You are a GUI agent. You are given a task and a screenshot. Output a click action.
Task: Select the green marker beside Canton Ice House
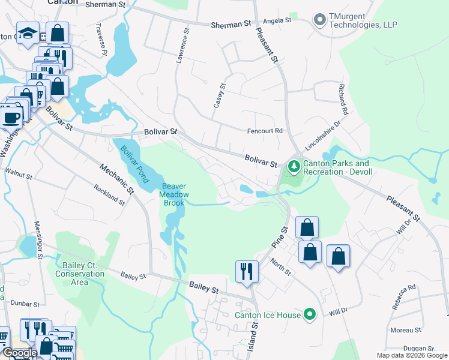pos(310,314)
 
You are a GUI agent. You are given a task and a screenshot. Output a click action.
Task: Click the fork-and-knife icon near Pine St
pos(247,271)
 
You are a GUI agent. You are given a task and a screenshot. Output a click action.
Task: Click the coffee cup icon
pos(11,116)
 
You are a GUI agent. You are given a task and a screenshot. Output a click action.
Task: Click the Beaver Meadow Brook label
pos(175,194)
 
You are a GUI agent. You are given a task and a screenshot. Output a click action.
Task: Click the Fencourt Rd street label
pos(265,131)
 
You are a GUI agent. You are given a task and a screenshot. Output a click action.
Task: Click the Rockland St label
pos(109,195)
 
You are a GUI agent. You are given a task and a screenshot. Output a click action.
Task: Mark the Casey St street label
pos(220,95)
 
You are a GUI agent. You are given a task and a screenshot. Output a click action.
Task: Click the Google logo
pos(20,353)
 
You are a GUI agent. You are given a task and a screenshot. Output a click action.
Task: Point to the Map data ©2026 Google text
pos(411,355)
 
